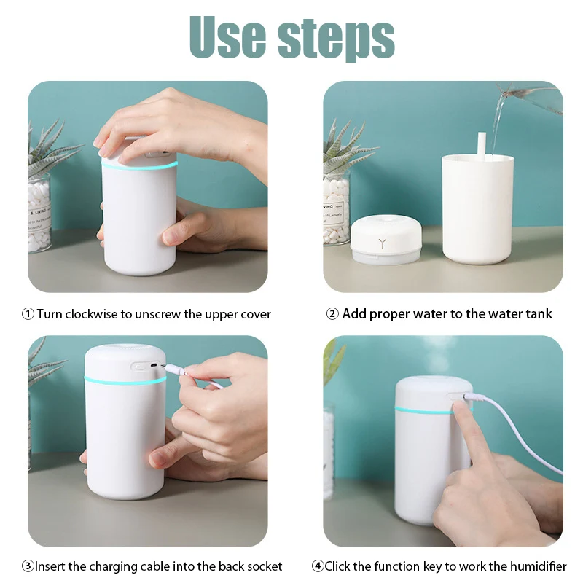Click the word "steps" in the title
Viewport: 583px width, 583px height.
[x=336, y=38]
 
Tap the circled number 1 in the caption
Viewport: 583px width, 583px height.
[x=28, y=315]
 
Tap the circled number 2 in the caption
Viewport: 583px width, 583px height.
[x=332, y=315]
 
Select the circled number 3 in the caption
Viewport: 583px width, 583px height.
[x=27, y=566]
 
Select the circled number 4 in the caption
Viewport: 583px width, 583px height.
[x=318, y=566]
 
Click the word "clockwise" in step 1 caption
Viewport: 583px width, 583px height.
[x=92, y=315]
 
